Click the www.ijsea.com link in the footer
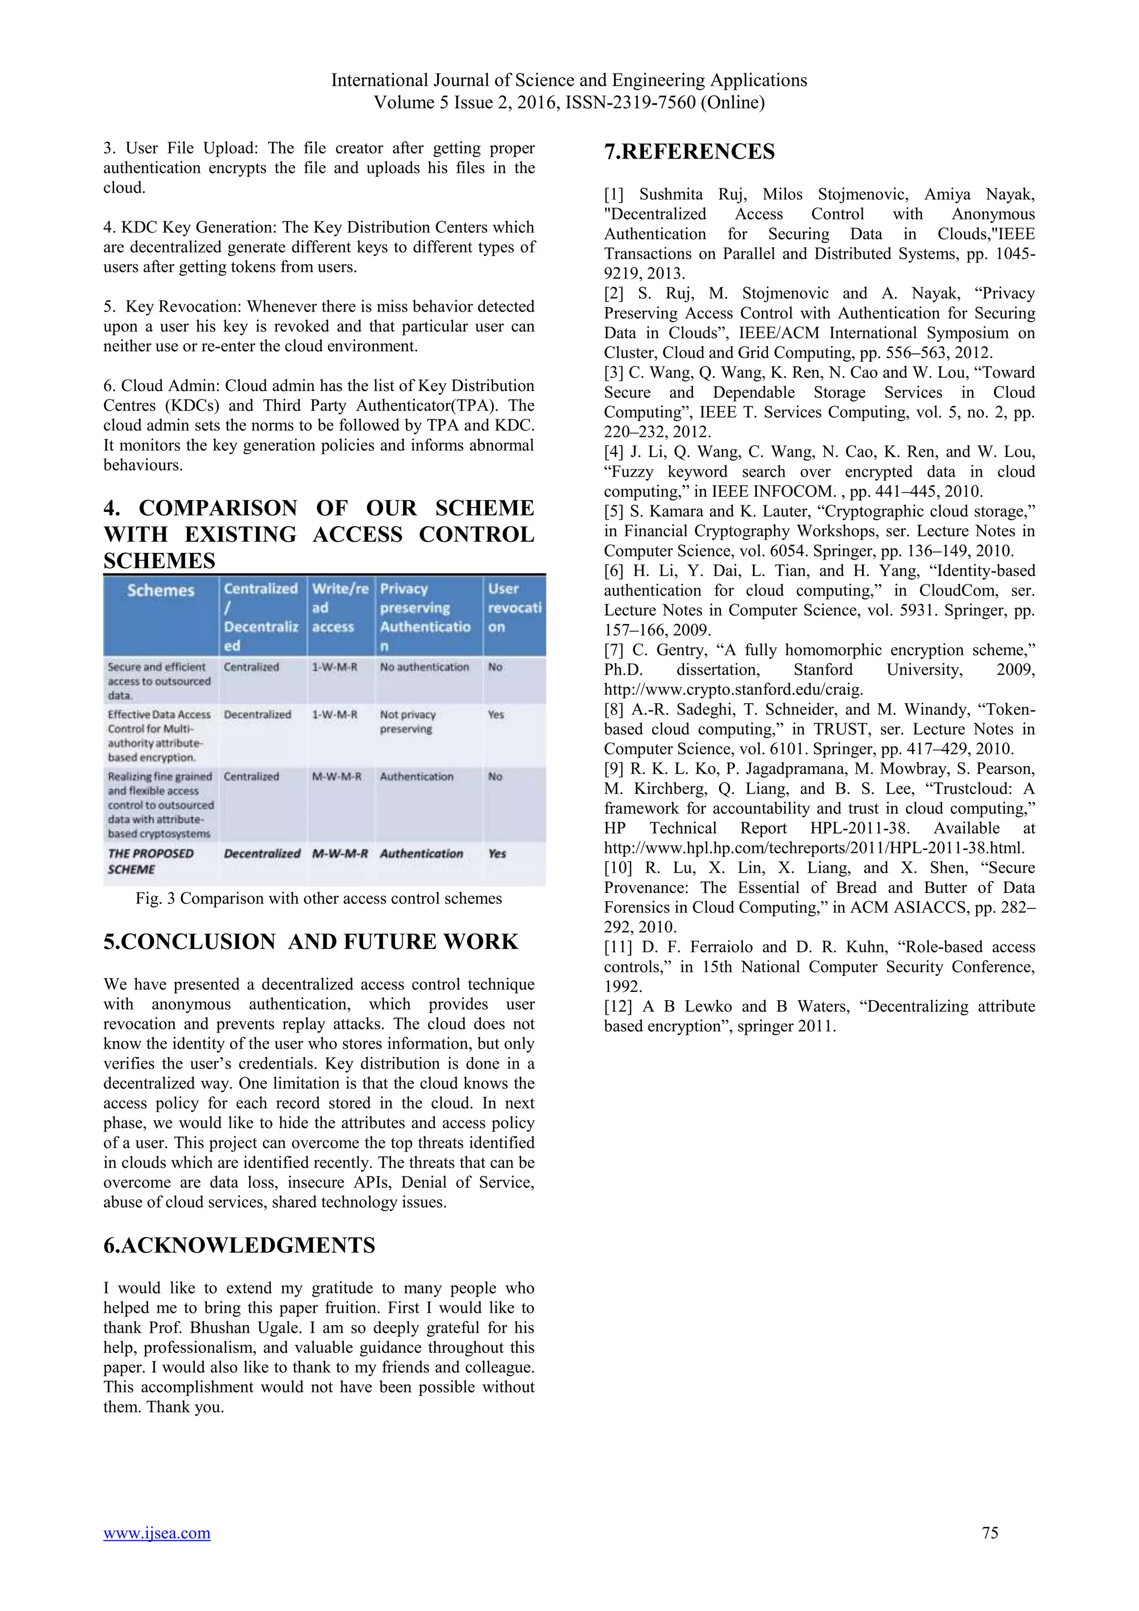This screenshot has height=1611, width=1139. point(156,1533)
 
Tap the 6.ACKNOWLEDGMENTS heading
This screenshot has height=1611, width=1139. point(239,1246)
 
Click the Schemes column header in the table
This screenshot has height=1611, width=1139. point(161,591)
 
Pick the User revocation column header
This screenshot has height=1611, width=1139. point(514,607)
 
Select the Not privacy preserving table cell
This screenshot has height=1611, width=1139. point(408,722)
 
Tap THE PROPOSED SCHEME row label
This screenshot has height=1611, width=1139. point(150,861)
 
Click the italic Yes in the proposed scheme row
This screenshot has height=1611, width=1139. point(497,853)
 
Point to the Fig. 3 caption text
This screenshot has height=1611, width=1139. point(319,899)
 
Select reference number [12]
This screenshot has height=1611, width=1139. point(618,1006)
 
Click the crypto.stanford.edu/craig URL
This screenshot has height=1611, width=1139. point(734,690)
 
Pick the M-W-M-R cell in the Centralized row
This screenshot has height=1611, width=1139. point(336,777)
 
